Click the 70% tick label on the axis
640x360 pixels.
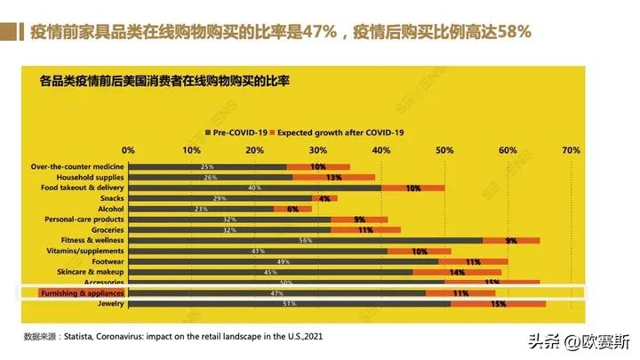pos(571,149)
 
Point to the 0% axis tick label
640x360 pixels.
pos(128,149)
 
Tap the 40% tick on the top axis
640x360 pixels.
pos(381,149)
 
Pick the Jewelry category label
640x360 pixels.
pos(108,304)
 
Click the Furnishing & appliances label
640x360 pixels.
pos(82,292)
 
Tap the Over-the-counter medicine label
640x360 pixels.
pos(77,166)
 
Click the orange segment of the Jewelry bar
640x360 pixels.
pos(498,304)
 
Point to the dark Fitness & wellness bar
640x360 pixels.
pos(305,240)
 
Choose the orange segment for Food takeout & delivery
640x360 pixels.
pos(412,188)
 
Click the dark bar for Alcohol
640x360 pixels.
pos(201,208)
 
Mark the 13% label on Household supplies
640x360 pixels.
pos(334,177)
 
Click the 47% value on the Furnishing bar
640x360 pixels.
pos(276,292)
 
